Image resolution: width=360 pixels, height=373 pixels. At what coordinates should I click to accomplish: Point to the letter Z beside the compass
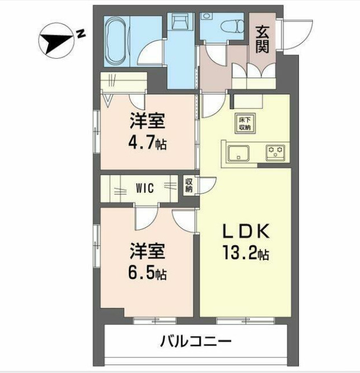(82, 33)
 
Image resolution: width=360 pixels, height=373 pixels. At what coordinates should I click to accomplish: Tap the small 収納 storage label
(189, 185)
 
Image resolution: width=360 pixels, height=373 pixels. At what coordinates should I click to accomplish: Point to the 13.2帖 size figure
(242, 254)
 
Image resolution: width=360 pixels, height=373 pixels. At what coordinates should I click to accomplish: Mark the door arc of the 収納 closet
(207, 185)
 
